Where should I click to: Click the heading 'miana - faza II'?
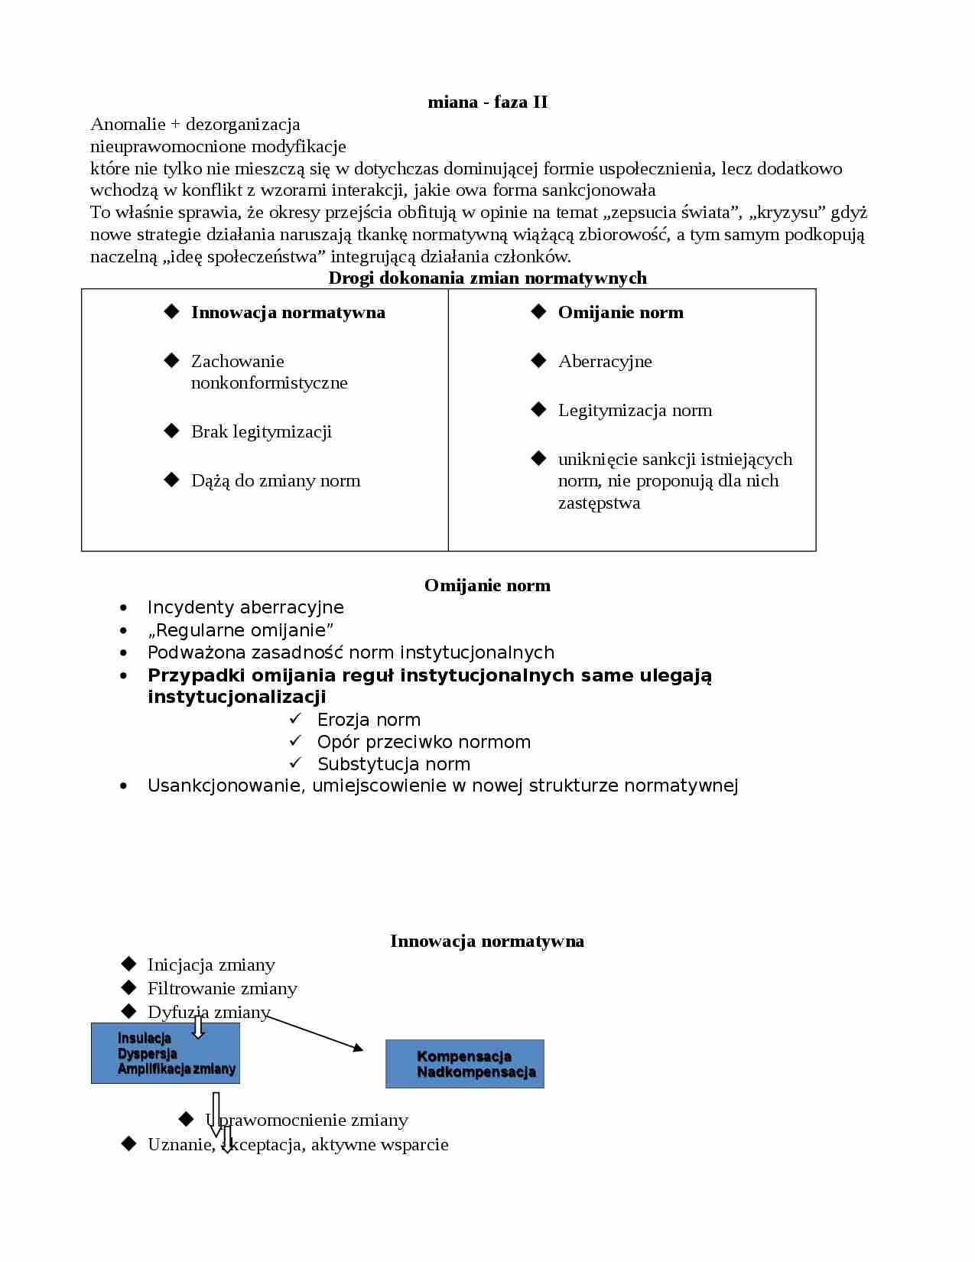click(x=487, y=102)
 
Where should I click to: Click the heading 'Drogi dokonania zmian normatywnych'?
click(x=487, y=278)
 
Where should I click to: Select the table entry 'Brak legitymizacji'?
click(x=261, y=431)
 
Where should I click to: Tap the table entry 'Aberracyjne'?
click(x=605, y=361)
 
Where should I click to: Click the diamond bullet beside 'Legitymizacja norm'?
click(x=538, y=409)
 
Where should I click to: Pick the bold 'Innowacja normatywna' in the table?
click(x=288, y=312)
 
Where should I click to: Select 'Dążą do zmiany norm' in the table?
click(x=275, y=480)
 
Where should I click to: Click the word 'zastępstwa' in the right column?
click(x=599, y=503)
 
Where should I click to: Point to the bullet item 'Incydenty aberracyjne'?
click(x=245, y=607)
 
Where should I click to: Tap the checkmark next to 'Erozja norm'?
click(x=296, y=719)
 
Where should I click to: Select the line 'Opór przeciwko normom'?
click(x=423, y=742)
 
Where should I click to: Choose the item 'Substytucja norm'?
click(x=393, y=764)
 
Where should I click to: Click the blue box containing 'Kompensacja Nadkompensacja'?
click(x=464, y=1064)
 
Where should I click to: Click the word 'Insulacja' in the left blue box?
click(x=145, y=1038)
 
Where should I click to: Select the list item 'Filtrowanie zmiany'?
click(x=222, y=988)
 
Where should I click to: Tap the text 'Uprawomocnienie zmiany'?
click(x=306, y=1120)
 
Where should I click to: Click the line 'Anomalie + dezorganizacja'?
click(x=195, y=124)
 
